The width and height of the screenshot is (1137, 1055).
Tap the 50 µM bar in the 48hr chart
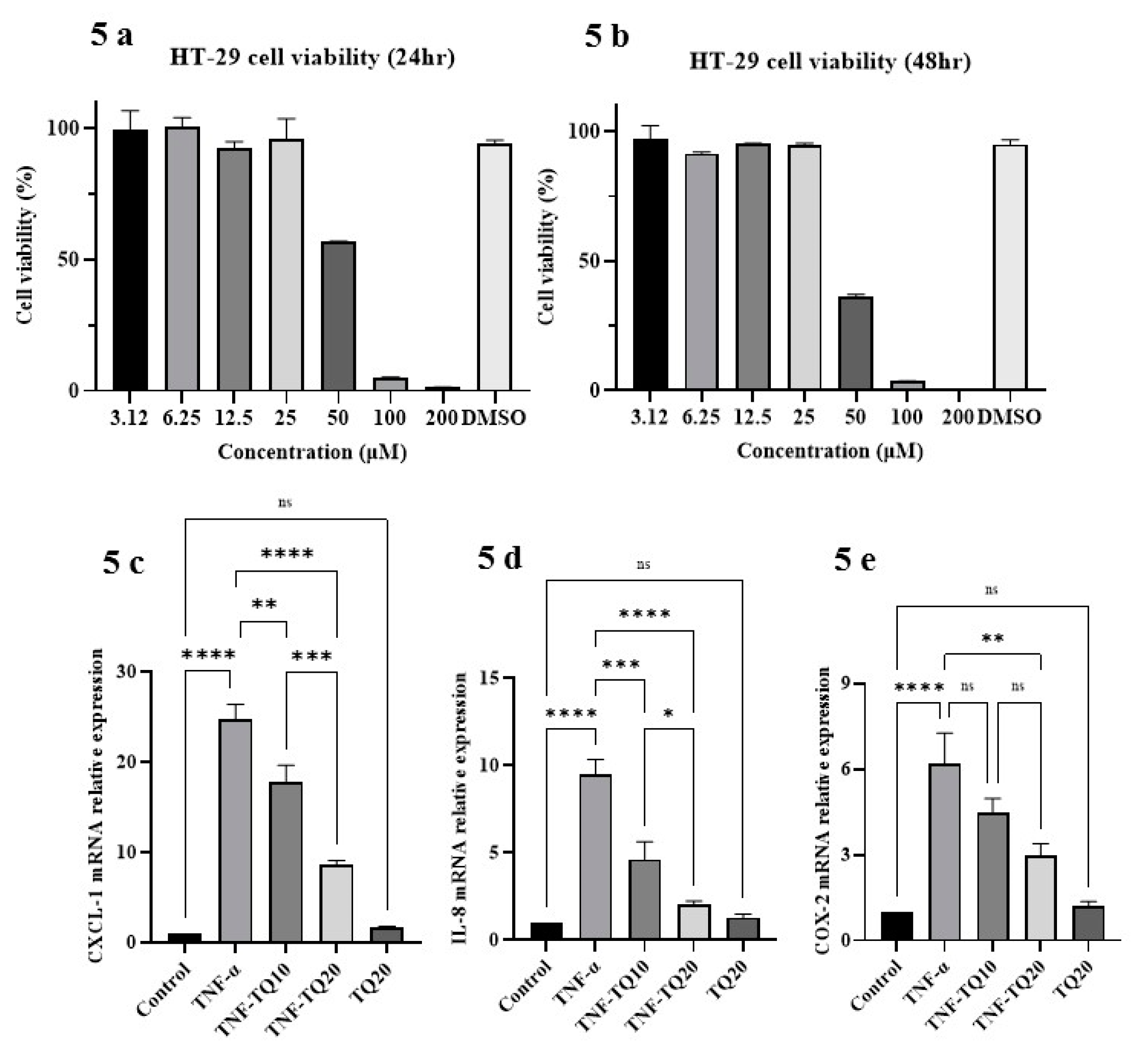tap(855, 343)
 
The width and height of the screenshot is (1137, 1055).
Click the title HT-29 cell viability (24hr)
tap(312, 58)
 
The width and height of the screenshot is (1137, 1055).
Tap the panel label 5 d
tap(499, 558)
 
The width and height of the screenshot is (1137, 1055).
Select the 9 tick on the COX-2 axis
tap(844, 683)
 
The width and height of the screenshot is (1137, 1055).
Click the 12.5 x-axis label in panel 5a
tap(234, 419)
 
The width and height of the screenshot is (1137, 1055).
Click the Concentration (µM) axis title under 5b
tap(829, 451)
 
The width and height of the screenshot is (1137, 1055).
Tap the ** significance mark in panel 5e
tap(992, 639)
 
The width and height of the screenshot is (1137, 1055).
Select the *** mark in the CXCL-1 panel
tap(312, 657)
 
